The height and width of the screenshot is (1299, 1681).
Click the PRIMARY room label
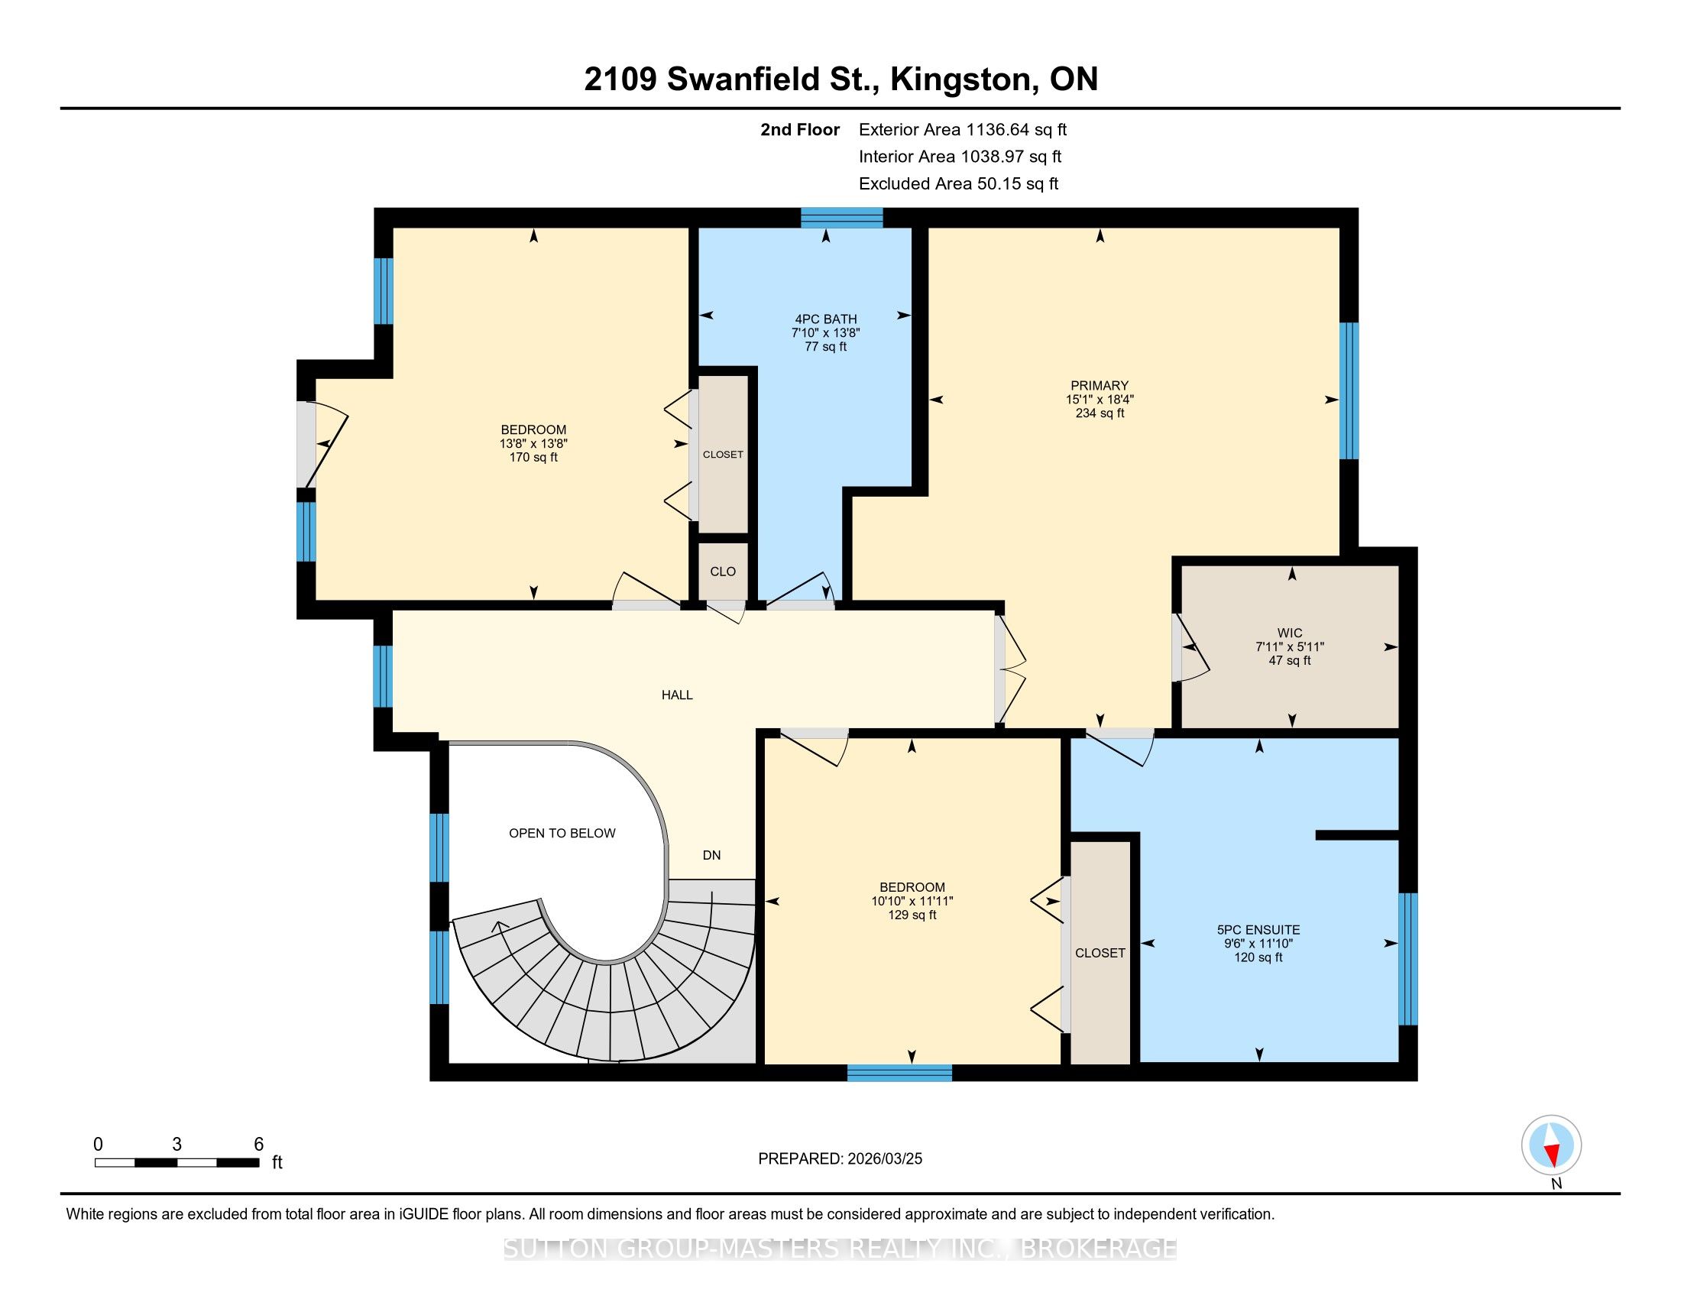pyautogui.click(x=1099, y=386)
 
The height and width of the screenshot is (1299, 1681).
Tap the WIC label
pyautogui.click(x=1290, y=633)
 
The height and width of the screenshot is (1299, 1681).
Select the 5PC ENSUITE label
pyautogui.click(x=1258, y=930)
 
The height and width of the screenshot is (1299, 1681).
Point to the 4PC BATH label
pyautogui.click(x=826, y=319)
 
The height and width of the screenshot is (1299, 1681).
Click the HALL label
pyautogui.click(x=677, y=695)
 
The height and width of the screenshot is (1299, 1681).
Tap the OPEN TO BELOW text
pyautogui.click(x=562, y=833)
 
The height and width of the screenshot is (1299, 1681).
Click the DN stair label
pyautogui.click(x=711, y=855)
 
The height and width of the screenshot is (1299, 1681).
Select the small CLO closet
pyautogui.click(x=723, y=571)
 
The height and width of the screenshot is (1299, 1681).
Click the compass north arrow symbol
pyautogui.click(x=1552, y=1146)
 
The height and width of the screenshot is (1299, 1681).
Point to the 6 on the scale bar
pyautogui.click(x=258, y=1145)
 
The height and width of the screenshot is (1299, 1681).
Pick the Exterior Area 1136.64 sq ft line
pyautogui.click(x=963, y=129)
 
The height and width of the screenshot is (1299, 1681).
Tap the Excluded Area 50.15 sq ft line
pyautogui.click(x=958, y=183)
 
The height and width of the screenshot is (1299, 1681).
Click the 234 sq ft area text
pyautogui.click(x=1100, y=413)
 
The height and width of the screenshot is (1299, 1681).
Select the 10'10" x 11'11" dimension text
pyautogui.click(x=912, y=901)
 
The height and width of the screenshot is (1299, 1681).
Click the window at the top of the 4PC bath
pyautogui.click(x=841, y=218)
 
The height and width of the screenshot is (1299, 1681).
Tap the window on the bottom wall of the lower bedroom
pyautogui.click(x=900, y=1073)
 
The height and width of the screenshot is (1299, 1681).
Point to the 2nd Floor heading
pyautogui.click(x=800, y=129)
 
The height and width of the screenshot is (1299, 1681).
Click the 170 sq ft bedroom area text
pyautogui.click(x=533, y=457)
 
